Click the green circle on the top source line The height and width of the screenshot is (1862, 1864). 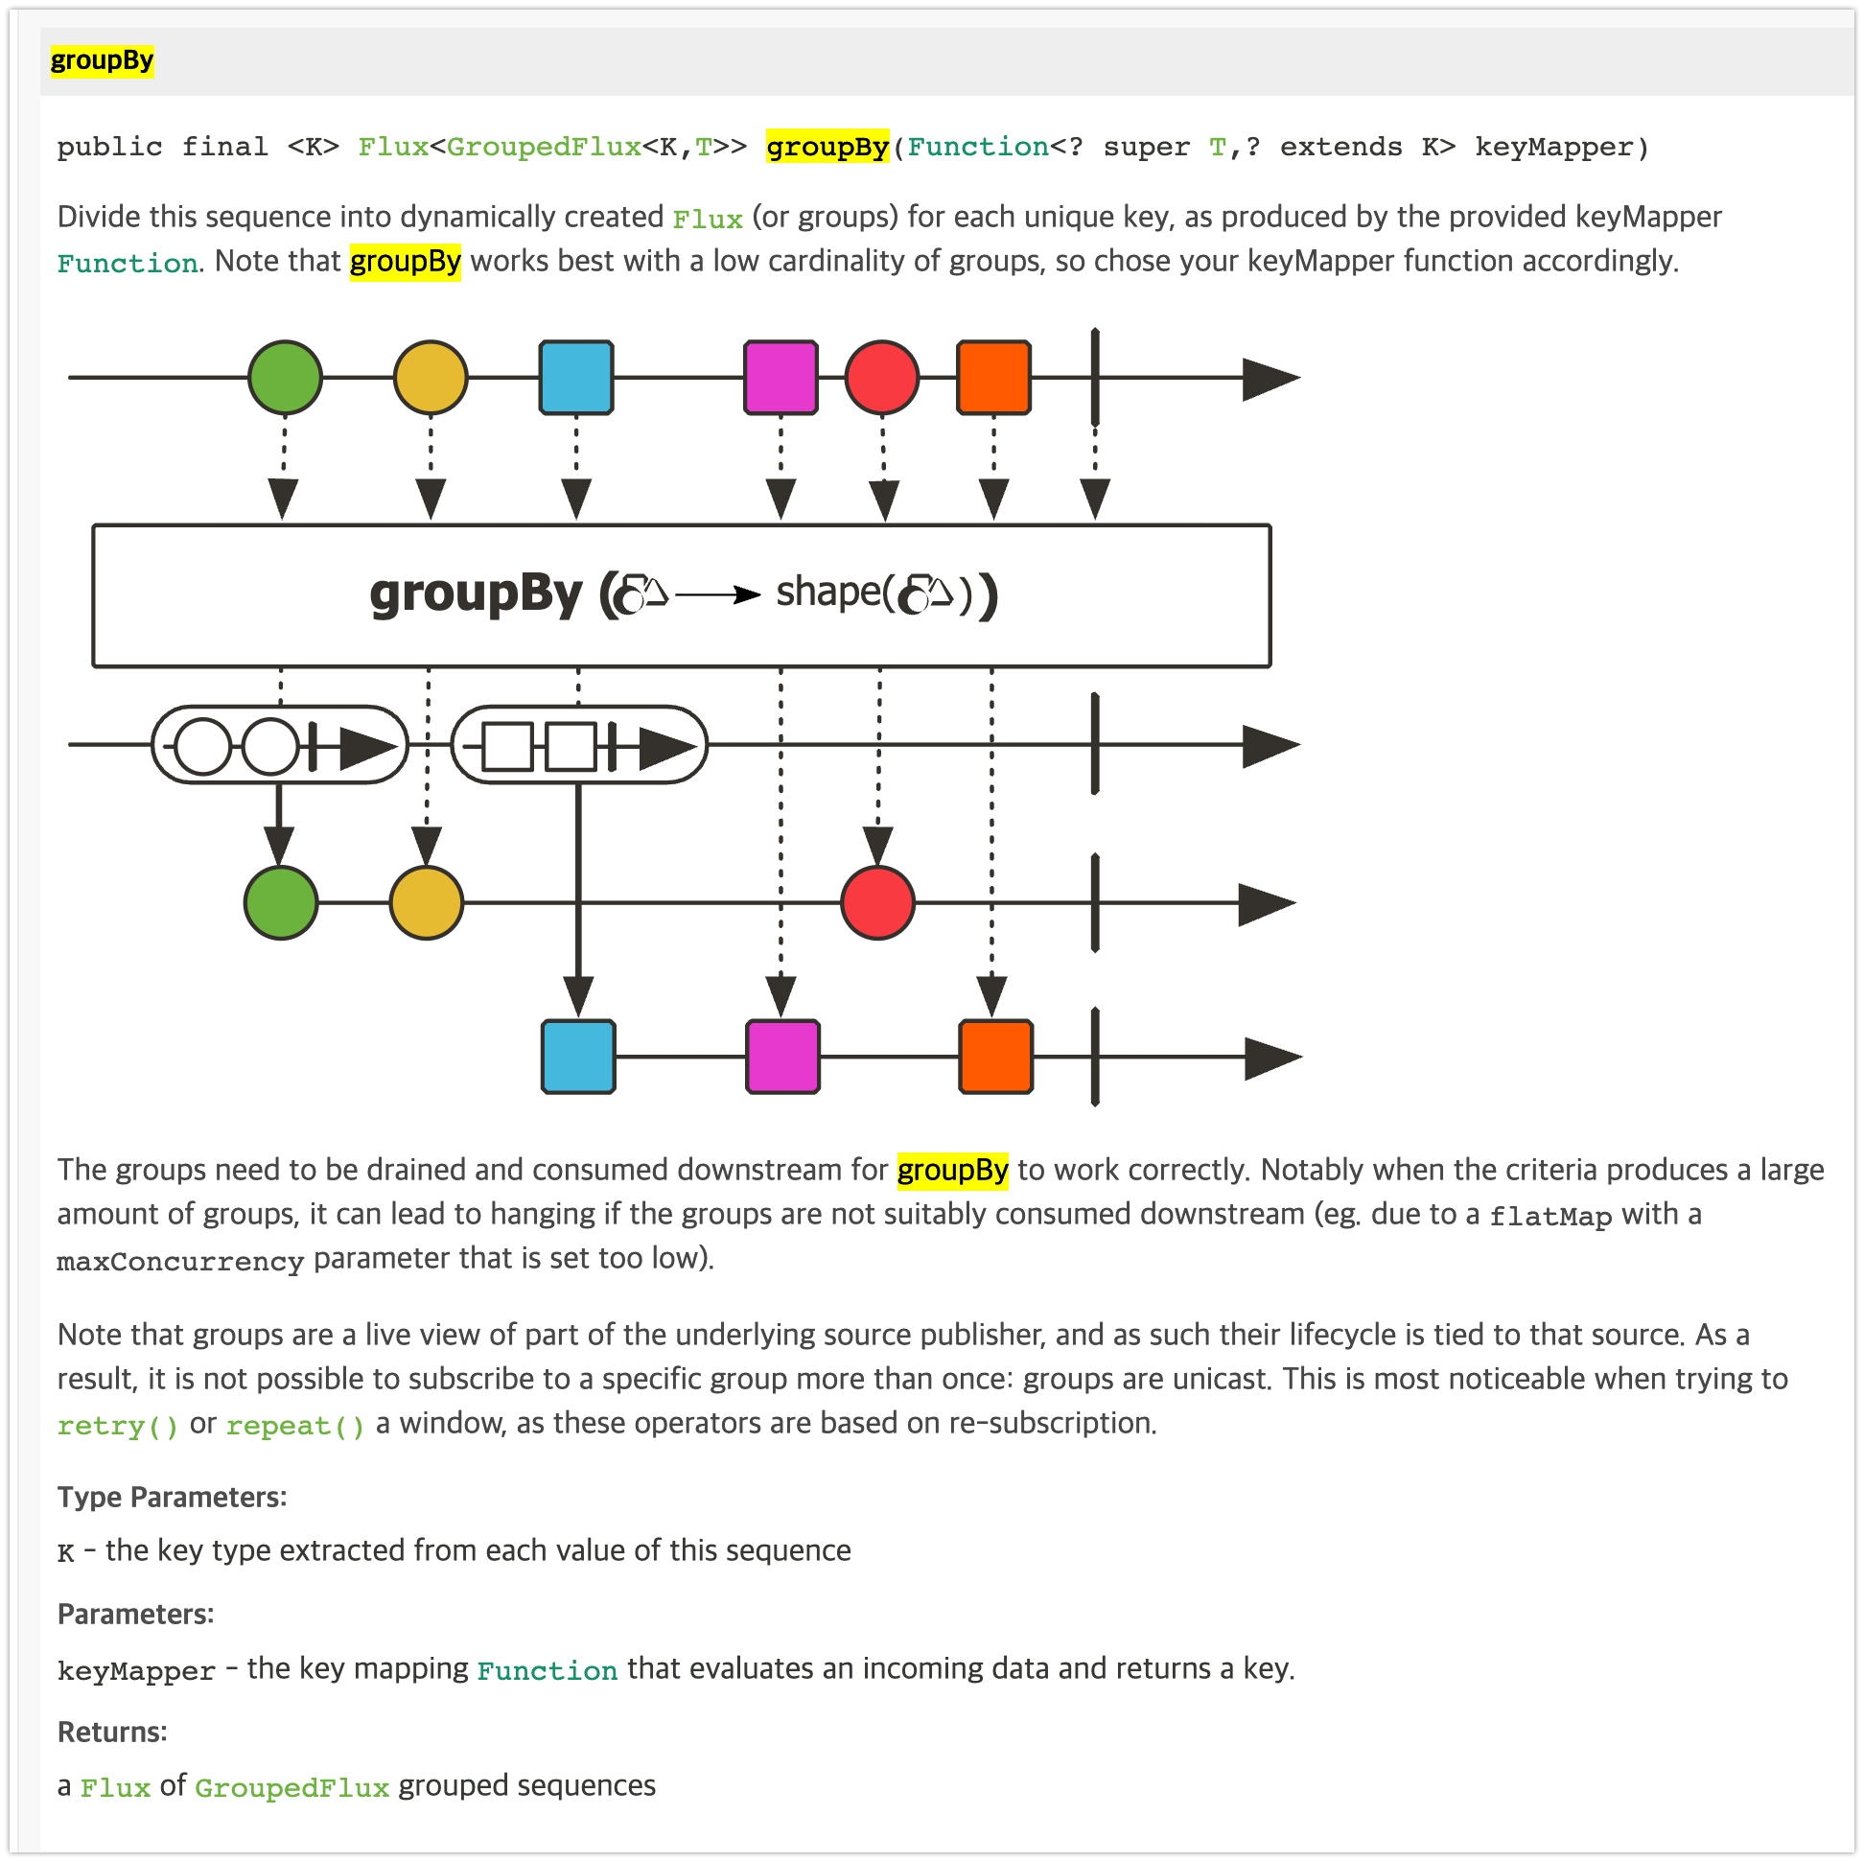click(285, 377)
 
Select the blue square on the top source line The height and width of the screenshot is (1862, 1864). click(576, 377)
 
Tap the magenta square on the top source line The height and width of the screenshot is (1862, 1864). click(781, 377)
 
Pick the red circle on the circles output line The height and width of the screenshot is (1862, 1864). click(877, 903)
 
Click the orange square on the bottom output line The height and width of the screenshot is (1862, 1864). click(994, 1057)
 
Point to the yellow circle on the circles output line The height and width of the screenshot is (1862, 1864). click(427, 903)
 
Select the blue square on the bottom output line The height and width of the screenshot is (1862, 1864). click(578, 1057)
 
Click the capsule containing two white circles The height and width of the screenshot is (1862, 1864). click(280, 745)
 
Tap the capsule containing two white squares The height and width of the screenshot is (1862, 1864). click(579, 745)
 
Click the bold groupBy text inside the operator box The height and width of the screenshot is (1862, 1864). click(476, 594)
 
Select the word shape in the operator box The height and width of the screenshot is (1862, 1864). click(827, 592)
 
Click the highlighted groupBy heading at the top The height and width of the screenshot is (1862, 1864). click(102, 60)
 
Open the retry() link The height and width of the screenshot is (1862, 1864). click(118, 1425)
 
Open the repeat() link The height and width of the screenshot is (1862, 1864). click(295, 1425)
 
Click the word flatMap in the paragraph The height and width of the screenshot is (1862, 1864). click(1549, 1216)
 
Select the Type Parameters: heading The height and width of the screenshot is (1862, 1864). click(172, 1497)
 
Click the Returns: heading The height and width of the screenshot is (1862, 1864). click(112, 1732)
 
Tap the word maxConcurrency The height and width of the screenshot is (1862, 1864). click(180, 1261)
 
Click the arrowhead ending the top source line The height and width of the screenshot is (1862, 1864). click(1270, 378)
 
